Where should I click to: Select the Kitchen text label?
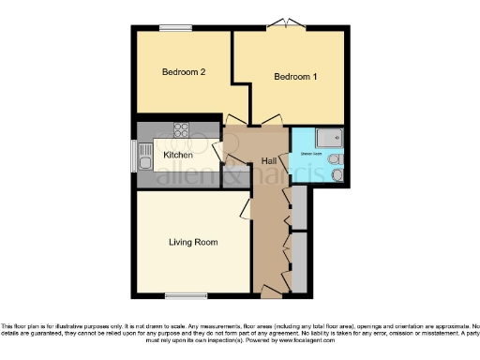click(178, 155)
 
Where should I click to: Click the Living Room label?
click(193, 242)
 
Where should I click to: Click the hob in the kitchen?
click(181, 129)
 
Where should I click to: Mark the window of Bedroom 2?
click(175, 27)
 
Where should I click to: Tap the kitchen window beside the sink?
click(135, 155)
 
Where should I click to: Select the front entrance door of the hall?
click(271, 289)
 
